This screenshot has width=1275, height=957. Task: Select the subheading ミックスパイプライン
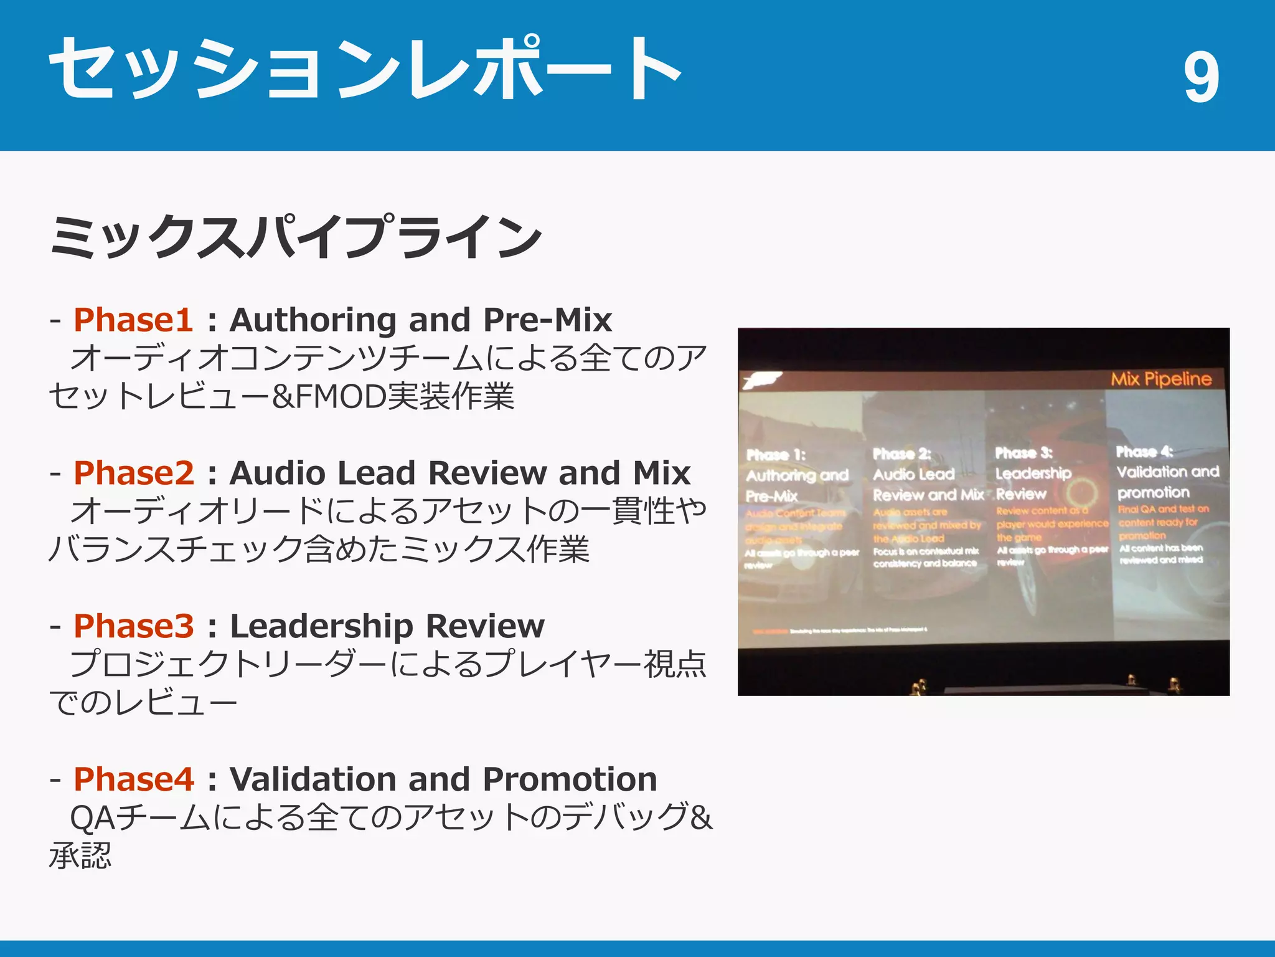click(296, 237)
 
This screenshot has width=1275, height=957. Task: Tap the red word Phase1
click(133, 320)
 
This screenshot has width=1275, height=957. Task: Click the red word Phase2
click(134, 473)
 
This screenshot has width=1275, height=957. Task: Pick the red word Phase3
click(134, 626)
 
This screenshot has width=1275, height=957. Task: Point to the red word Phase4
click(134, 779)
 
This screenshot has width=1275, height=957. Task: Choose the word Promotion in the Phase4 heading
click(570, 779)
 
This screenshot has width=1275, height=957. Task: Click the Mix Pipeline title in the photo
click(1161, 379)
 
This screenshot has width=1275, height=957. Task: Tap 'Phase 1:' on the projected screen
click(776, 455)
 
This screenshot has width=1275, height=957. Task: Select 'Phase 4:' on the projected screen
click(1144, 452)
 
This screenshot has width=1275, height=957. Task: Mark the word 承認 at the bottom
click(80, 856)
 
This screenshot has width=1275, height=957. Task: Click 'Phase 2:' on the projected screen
click(901, 454)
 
